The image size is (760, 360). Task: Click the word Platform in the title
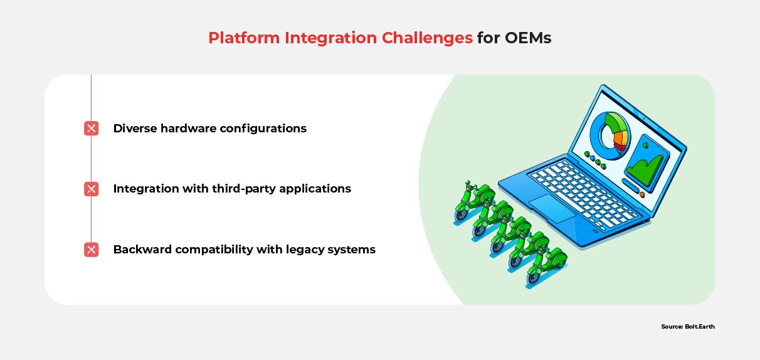[x=244, y=38]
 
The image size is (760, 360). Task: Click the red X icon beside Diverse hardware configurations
[x=92, y=129]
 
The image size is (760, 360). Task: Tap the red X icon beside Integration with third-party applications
[x=92, y=189]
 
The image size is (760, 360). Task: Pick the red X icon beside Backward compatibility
[x=92, y=250]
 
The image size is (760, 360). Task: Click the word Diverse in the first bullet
[x=135, y=129]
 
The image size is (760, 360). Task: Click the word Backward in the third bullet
[x=142, y=250]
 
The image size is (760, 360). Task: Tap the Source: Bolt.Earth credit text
[x=687, y=327]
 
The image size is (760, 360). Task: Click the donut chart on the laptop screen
[x=611, y=132]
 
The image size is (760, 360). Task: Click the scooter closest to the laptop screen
[x=468, y=201]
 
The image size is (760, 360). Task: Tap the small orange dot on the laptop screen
[x=642, y=194]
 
